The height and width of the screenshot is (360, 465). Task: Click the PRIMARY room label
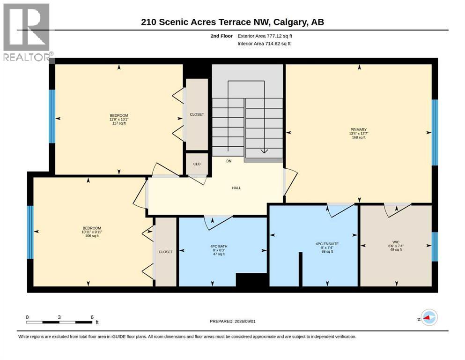(359, 130)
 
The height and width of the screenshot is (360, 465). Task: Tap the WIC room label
(396, 242)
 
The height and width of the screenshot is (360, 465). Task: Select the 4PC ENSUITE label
(327, 244)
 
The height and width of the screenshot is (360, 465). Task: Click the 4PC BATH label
(219, 247)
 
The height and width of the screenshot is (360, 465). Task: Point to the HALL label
(236, 188)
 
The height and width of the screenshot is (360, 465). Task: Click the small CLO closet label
(197, 164)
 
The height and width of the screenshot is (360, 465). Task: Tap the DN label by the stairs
(229, 161)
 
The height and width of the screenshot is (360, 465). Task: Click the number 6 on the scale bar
(92, 317)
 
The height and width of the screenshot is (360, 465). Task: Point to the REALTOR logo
(27, 32)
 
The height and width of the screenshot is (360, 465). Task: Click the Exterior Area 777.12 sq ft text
(265, 36)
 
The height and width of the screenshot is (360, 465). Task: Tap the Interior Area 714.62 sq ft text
(264, 44)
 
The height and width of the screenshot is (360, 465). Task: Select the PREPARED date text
(232, 321)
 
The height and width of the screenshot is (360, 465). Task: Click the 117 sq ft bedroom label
(119, 123)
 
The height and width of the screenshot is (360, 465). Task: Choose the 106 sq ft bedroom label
(92, 236)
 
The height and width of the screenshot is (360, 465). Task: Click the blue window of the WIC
(435, 247)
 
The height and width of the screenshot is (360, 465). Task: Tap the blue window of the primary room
(435, 132)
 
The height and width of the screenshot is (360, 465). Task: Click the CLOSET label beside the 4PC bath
(166, 252)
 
